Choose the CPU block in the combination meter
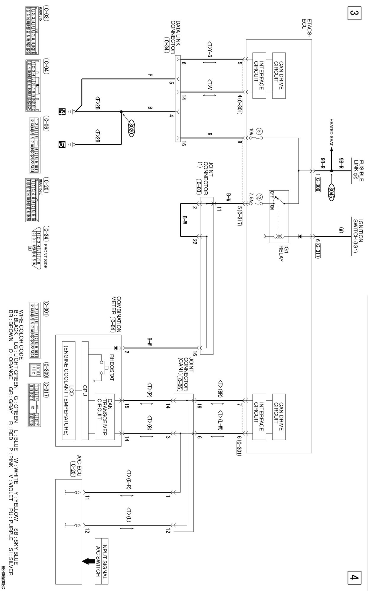point(85,390)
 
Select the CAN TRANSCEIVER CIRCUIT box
point(104,417)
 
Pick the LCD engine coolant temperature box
point(69,390)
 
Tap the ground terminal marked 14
point(62,112)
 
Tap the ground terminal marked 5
point(62,144)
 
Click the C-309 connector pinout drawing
point(34,369)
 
